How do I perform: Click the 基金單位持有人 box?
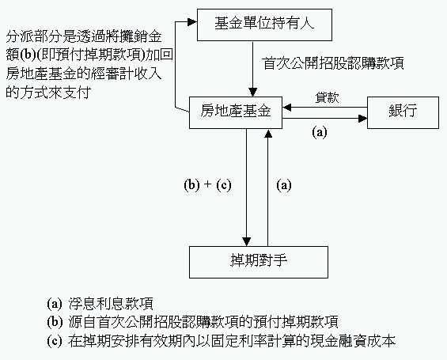264,25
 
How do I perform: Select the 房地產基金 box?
236,112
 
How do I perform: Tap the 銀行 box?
403,112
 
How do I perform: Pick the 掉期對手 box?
259,262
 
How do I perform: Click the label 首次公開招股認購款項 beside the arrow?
333,63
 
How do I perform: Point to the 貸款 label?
327,97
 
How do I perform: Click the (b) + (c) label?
207,184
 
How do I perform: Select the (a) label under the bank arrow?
320,133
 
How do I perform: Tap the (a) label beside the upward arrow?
284,185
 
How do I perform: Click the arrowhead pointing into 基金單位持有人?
193,22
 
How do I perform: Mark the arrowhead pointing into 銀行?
363,119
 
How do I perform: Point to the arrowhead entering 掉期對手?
246,241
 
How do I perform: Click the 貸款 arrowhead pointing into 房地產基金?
286,108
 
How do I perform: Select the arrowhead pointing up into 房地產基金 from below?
268,134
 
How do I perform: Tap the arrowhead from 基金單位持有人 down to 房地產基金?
252,92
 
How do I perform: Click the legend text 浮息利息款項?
111,304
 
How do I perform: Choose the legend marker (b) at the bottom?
55,322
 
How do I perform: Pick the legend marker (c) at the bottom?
55,341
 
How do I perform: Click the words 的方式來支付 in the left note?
48,93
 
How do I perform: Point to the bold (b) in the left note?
28,55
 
